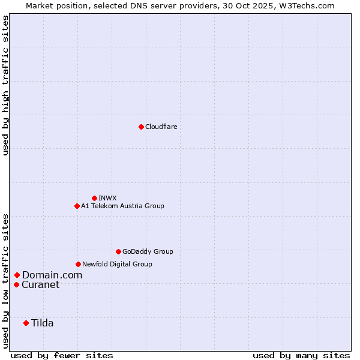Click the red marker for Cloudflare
pyautogui.click(x=141, y=127)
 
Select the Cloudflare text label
pyautogui.click(x=161, y=127)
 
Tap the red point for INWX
pyautogui.click(x=94, y=198)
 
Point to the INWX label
pyautogui.click(x=107, y=198)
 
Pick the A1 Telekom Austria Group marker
pyautogui.click(x=77, y=206)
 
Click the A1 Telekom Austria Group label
pyautogui.click(x=122, y=206)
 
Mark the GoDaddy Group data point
pyautogui.click(x=118, y=251)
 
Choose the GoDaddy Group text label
pyautogui.click(x=148, y=251)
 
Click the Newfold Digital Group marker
pyautogui.click(x=78, y=264)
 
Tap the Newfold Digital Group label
pyautogui.click(x=117, y=264)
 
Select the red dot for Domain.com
pyautogui.click(x=17, y=275)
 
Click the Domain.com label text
pyautogui.click(x=52, y=275)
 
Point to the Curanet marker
pyautogui.click(x=16, y=284)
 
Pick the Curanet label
pyautogui.click(x=40, y=284)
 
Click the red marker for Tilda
pyautogui.click(x=26, y=323)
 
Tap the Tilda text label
pyautogui.click(x=42, y=323)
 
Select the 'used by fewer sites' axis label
pyautogui.click(x=62, y=355)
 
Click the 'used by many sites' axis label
pyautogui.click(x=301, y=355)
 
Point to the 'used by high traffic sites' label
pyautogui.click(x=5, y=85)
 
